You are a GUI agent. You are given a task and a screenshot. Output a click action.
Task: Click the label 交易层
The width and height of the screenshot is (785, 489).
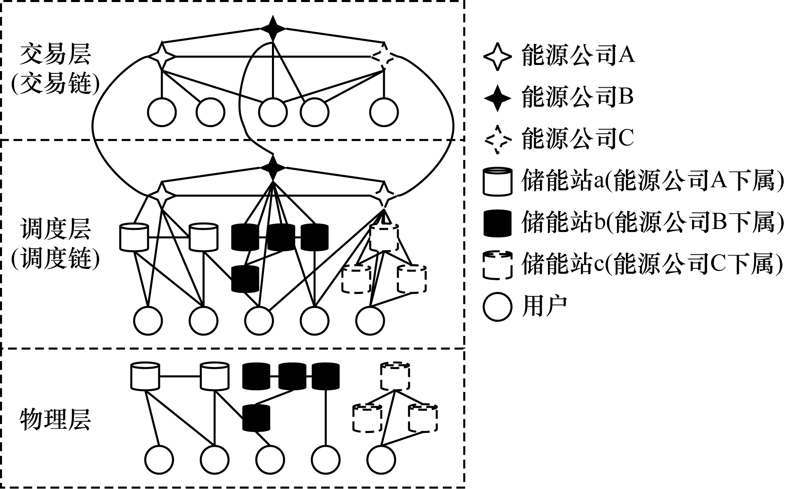click(x=56, y=55)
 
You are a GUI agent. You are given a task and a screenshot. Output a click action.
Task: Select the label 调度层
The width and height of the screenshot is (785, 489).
click(x=56, y=229)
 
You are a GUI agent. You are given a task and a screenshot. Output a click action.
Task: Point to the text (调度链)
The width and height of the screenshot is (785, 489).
click(x=56, y=259)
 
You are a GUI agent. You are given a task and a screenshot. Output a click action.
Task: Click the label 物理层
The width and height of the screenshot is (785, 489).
click(x=56, y=420)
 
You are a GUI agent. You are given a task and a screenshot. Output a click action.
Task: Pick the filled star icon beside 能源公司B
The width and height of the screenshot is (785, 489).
click(x=497, y=98)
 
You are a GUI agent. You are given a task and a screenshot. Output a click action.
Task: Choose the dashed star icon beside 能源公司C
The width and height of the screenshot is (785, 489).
click(x=497, y=139)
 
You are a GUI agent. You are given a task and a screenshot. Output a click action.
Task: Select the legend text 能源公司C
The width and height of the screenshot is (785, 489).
click(x=578, y=139)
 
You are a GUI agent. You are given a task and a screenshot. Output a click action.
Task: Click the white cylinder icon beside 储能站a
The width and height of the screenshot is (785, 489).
click(x=497, y=182)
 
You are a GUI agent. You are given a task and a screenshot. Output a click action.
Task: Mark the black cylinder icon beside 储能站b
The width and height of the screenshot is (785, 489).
click(x=497, y=223)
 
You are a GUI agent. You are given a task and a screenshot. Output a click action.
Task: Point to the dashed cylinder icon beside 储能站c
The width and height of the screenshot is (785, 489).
click(x=497, y=265)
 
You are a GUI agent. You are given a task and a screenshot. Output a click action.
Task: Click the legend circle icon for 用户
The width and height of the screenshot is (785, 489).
click(x=497, y=307)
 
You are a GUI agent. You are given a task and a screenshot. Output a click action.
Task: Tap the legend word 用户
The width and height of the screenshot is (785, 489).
click(x=544, y=306)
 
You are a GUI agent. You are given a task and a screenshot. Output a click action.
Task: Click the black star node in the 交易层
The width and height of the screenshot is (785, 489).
click(x=273, y=28)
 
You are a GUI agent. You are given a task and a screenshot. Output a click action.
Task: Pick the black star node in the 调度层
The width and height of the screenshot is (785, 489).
click(x=273, y=167)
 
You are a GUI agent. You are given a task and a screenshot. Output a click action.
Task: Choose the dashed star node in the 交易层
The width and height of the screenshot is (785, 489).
click(x=383, y=56)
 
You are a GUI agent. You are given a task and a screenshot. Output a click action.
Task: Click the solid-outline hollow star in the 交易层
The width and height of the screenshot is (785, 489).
click(x=162, y=56)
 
